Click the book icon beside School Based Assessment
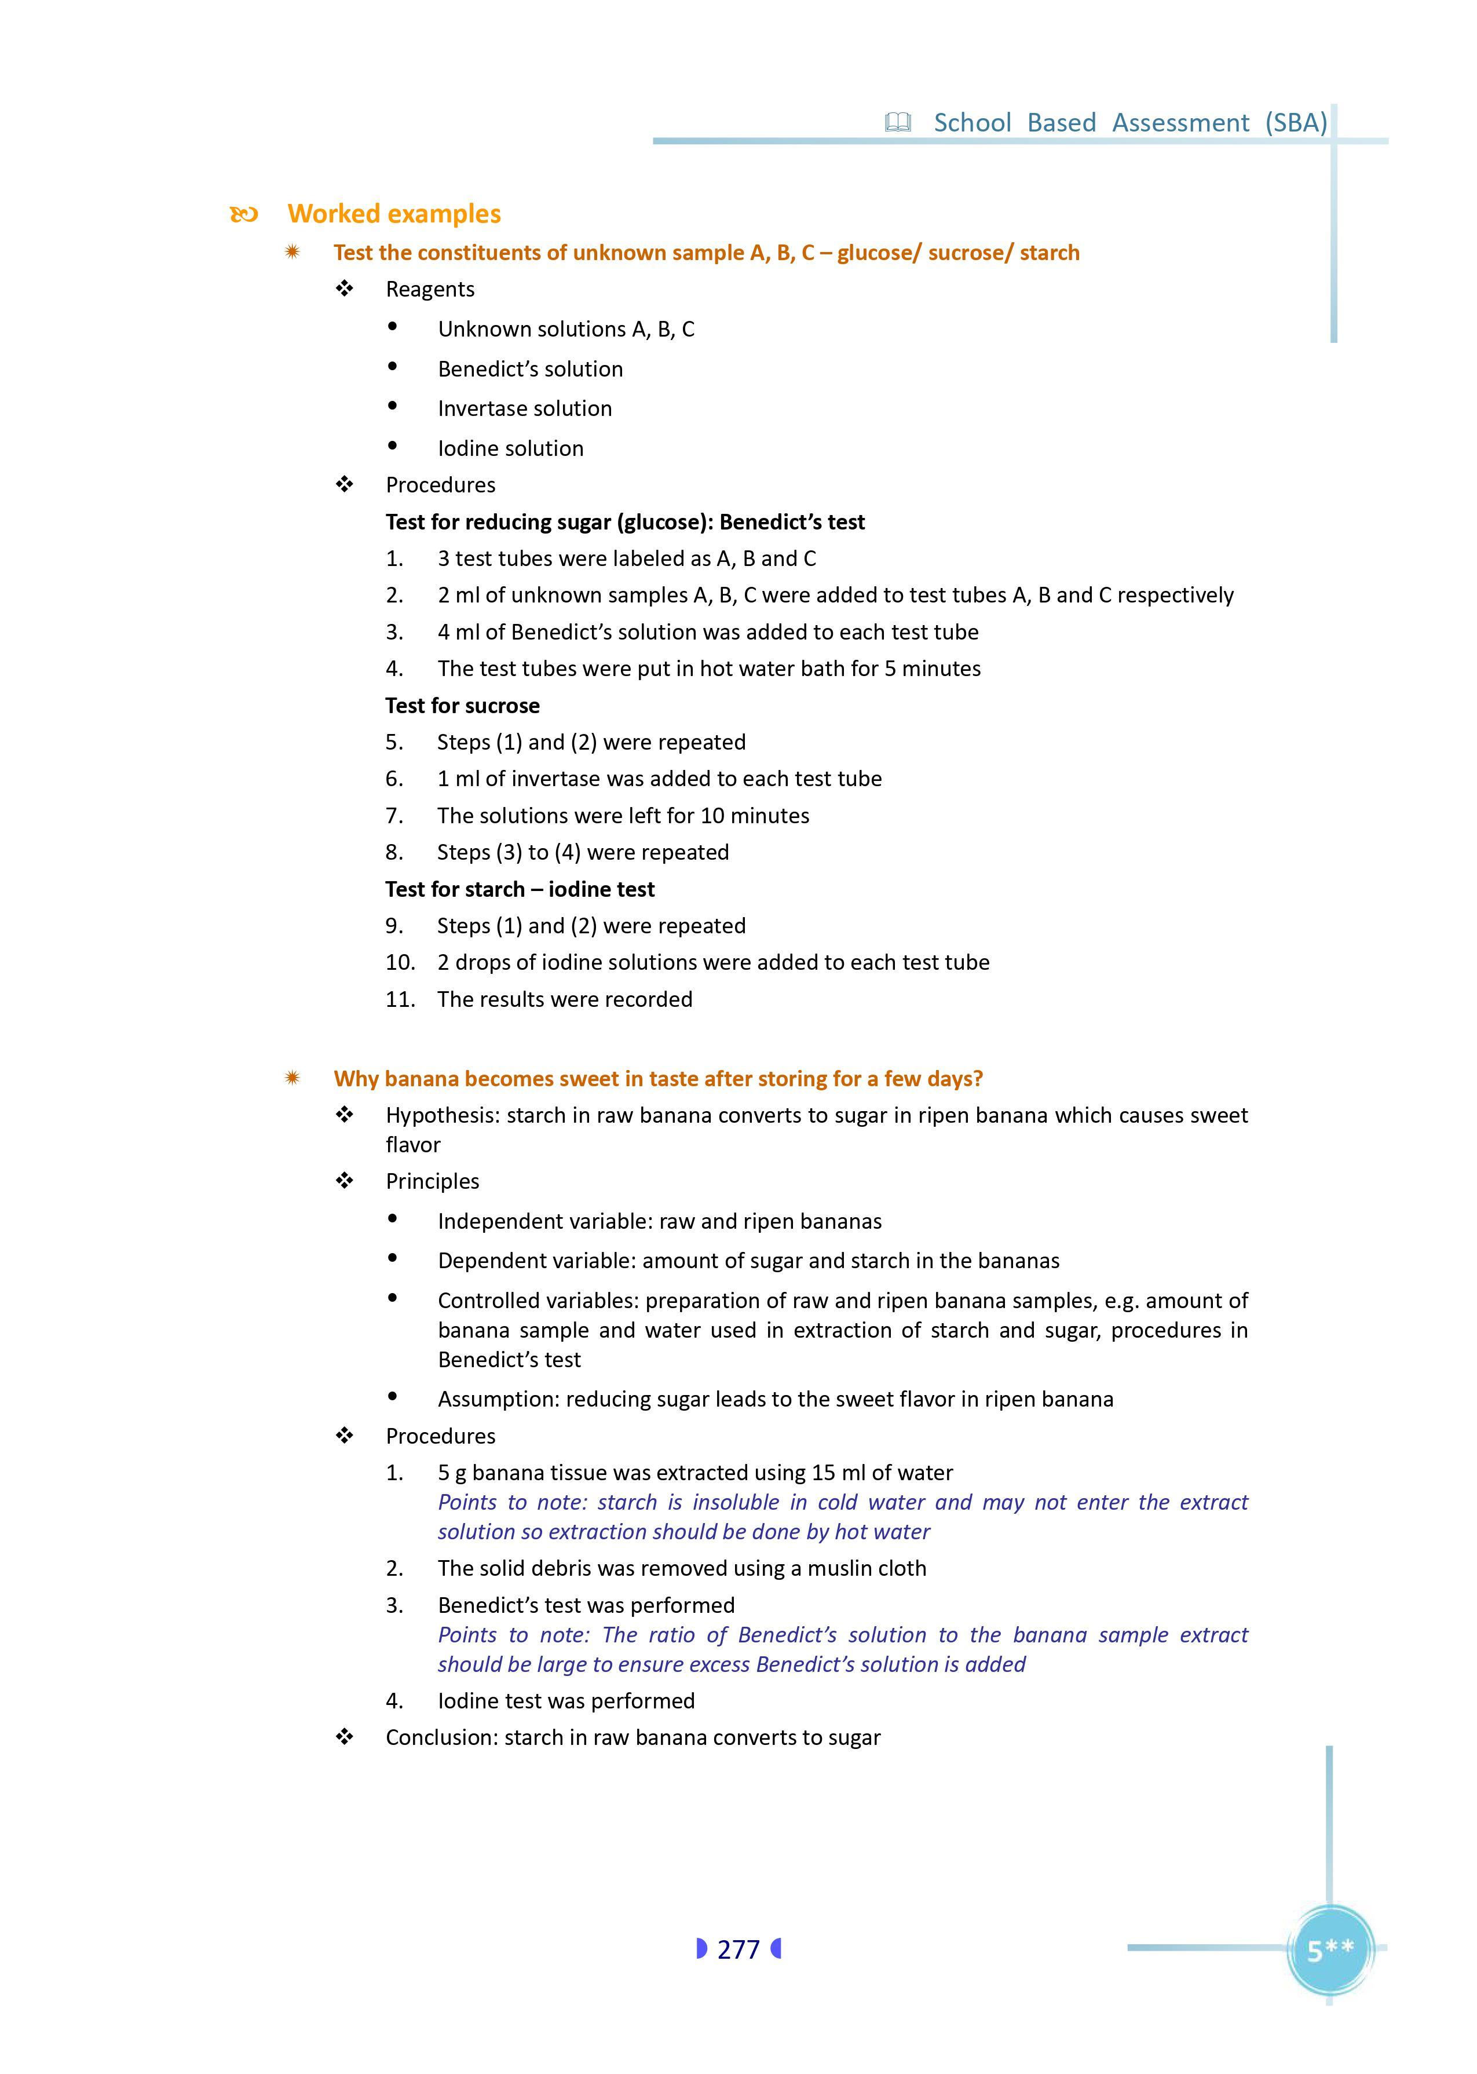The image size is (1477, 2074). point(898,123)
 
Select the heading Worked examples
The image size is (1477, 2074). point(394,214)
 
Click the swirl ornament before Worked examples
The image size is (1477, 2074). point(244,215)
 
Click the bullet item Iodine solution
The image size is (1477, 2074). point(510,448)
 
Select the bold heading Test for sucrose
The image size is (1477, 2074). point(462,706)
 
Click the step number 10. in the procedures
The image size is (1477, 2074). point(400,962)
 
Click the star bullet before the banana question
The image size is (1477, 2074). point(292,1079)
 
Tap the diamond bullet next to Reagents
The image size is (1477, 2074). point(345,289)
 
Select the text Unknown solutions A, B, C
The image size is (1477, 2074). point(566,329)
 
